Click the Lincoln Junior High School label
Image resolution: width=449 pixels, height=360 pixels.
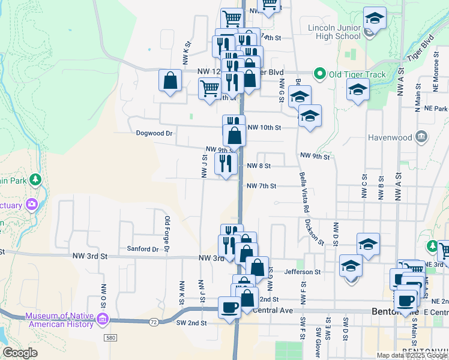pyautogui.click(x=334, y=32)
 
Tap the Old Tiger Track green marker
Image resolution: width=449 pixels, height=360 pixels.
pyautogui.click(x=319, y=74)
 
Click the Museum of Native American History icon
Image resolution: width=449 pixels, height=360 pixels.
pyautogui.click(x=102, y=317)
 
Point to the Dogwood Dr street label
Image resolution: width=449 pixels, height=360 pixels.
pyautogui.click(x=154, y=133)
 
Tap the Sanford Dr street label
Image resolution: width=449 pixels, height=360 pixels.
pyautogui.click(x=142, y=248)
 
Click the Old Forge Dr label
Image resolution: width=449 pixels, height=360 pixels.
pyautogui.click(x=167, y=233)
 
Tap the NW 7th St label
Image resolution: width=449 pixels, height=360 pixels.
pyautogui.click(x=261, y=186)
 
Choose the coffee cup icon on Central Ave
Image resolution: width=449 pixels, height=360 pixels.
pyautogui.click(x=229, y=307)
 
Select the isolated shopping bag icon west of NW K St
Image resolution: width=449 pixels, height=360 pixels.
pyautogui.click(x=170, y=80)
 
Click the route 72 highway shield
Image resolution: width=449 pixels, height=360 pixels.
pyautogui.click(x=154, y=323)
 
